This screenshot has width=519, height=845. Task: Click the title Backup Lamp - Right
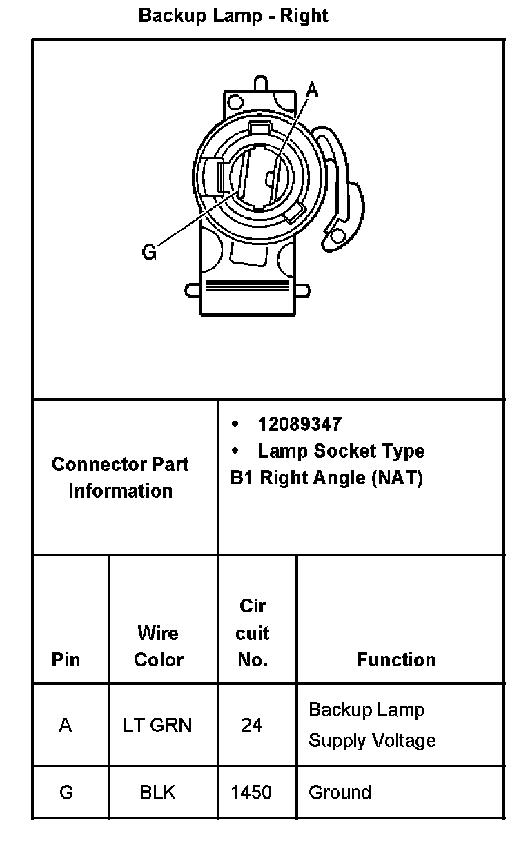(233, 16)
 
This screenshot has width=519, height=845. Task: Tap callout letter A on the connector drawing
(312, 90)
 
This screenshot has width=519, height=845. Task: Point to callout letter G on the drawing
(149, 252)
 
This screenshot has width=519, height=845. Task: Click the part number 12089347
(300, 424)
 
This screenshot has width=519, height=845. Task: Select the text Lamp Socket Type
(340, 451)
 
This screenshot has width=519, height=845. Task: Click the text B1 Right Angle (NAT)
(326, 478)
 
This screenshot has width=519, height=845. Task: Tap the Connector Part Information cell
(120, 478)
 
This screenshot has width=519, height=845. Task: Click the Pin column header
(66, 660)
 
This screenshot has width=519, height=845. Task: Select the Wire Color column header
(159, 646)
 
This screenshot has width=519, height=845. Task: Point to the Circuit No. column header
(253, 633)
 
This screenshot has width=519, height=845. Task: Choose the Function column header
(396, 660)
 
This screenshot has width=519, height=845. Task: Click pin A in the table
(66, 725)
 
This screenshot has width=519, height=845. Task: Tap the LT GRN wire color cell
(158, 725)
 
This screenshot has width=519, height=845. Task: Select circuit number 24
(251, 725)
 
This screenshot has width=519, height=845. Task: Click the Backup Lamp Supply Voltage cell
(372, 725)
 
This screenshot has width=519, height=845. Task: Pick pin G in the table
(66, 792)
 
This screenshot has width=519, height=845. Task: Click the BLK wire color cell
(158, 792)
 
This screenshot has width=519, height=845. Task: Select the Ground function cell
(340, 792)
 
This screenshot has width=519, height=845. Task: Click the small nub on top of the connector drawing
(260, 82)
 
